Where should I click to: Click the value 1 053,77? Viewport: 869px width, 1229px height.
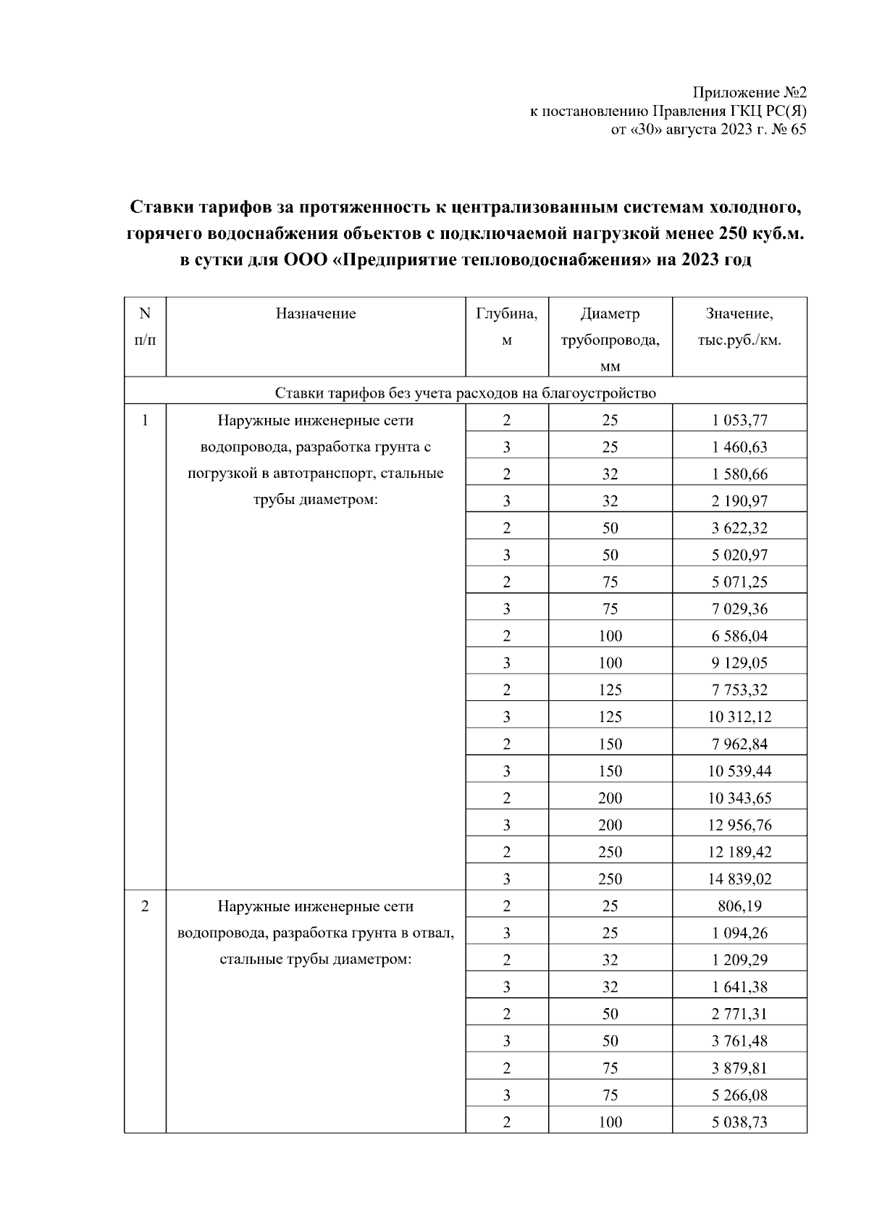(x=739, y=420)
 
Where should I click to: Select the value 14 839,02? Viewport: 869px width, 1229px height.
(x=739, y=879)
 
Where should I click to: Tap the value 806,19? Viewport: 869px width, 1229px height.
(x=739, y=906)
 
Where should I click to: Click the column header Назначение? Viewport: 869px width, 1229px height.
(x=316, y=314)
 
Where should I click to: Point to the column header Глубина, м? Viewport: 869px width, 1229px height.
(x=506, y=327)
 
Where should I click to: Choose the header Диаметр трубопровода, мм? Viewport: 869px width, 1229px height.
(x=610, y=340)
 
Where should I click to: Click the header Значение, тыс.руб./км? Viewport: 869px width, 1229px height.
(x=739, y=327)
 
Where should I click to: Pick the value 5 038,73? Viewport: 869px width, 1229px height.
(x=739, y=1123)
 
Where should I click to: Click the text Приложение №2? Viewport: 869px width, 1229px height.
(x=750, y=93)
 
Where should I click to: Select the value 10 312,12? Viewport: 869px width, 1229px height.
(x=739, y=717)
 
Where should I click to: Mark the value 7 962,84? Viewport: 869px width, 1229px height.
(x=739, y=744)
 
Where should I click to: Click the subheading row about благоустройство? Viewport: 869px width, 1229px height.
(x=465, y=393)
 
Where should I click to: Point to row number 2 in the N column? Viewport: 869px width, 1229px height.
(x=145, y=906)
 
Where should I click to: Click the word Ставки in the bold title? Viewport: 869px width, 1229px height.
(x=159, y=209)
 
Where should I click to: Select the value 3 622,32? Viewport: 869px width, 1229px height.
(x=739, y=528)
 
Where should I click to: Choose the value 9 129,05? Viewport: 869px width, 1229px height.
(x=739, y=663)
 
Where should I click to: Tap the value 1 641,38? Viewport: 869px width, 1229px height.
(x=739, y=987)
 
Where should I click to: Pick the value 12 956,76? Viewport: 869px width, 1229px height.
(x=739, y=825)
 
